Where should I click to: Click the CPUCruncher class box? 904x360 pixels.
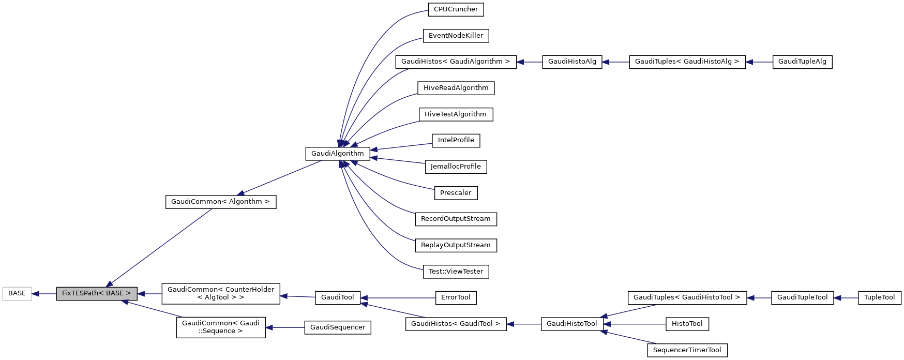point(456,9)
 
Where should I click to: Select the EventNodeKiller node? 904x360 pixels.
point(456,36)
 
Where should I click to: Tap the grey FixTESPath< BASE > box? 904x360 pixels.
point(97,293)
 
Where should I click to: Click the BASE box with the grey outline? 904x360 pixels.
point(17,293)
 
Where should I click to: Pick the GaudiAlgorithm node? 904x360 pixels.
point(337,154)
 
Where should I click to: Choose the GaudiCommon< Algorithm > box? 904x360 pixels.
point(220,202)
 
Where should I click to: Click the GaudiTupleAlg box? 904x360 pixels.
point(802,62)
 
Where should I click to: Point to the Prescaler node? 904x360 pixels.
point(456,193)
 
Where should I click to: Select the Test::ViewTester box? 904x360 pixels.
point(456,272)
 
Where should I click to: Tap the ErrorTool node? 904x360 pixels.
point(456,297)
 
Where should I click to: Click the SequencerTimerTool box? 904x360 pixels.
point(687,350)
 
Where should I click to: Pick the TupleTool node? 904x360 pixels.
point(879,297)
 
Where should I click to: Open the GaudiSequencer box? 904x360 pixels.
point(337,327)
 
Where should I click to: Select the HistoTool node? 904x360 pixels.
point(687,324)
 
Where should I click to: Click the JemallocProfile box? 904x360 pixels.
point(456,167)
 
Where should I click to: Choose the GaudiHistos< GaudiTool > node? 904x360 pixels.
point(456,324)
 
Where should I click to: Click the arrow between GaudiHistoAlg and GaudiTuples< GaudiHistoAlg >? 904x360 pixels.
point(615,62)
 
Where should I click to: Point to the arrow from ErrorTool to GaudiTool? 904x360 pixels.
point(398,298)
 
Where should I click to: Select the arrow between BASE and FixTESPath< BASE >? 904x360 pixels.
point(44,294)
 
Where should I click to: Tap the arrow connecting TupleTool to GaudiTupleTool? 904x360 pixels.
point(846,298)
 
